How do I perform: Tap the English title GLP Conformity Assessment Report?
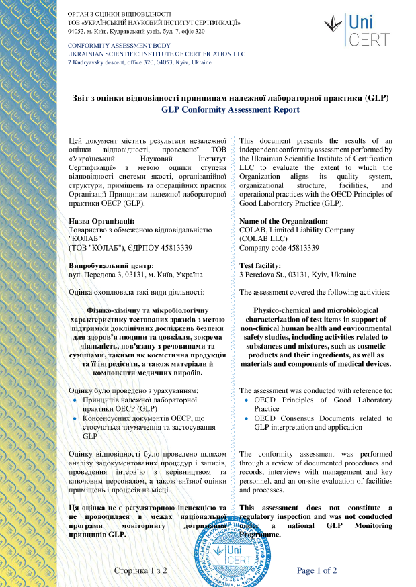231,109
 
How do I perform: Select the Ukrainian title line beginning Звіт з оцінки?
231,97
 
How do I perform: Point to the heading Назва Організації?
101,221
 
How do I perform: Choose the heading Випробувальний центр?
111,266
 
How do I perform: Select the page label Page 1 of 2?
317,570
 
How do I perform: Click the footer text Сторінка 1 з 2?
140,570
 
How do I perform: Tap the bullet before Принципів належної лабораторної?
75,400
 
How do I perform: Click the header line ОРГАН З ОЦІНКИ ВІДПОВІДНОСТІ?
120,13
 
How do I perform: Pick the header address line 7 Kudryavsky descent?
140,62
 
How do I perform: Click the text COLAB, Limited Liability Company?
296,230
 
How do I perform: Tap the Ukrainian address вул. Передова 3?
135,275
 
